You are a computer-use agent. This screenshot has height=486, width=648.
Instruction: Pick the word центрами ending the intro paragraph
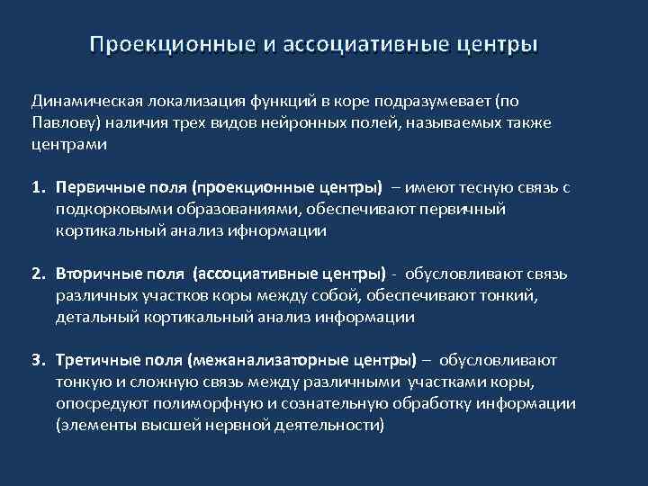(69, 143)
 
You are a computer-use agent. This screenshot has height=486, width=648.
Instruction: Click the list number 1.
(37, 188)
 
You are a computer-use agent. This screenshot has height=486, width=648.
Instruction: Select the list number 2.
(37, 274)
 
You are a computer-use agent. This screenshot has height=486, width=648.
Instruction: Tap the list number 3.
(37, 361)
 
